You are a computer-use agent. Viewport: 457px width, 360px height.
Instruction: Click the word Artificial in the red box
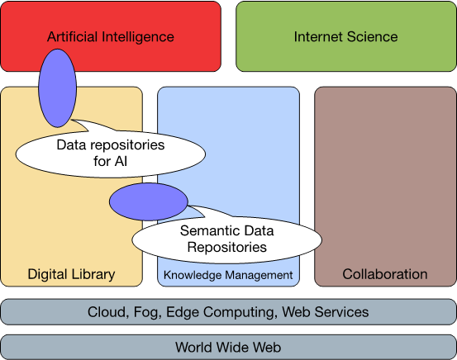(72, 36)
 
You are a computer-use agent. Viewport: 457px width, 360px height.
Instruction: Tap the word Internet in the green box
(318, 36)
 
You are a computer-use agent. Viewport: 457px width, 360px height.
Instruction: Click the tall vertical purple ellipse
(57, 88)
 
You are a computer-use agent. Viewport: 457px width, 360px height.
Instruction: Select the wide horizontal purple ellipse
(149, 201)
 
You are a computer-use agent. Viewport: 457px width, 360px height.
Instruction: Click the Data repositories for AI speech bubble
(111, 154)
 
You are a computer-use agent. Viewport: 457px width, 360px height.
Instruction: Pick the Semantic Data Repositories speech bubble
(226, 239)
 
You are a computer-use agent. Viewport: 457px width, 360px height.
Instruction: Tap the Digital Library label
(71, 274)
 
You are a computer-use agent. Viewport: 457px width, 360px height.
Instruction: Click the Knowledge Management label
(228, 275)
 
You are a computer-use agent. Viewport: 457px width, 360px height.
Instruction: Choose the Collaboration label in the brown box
(385, 274)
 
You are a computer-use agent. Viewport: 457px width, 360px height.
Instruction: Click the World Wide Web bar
(228, 347)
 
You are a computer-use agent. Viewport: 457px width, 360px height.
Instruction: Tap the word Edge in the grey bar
(183, 313)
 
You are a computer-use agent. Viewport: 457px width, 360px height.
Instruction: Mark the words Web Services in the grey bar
(326, 312)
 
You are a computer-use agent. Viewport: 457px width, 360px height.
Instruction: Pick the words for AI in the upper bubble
(111, 161)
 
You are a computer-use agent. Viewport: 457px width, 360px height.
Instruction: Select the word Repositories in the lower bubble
(226, 247)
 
